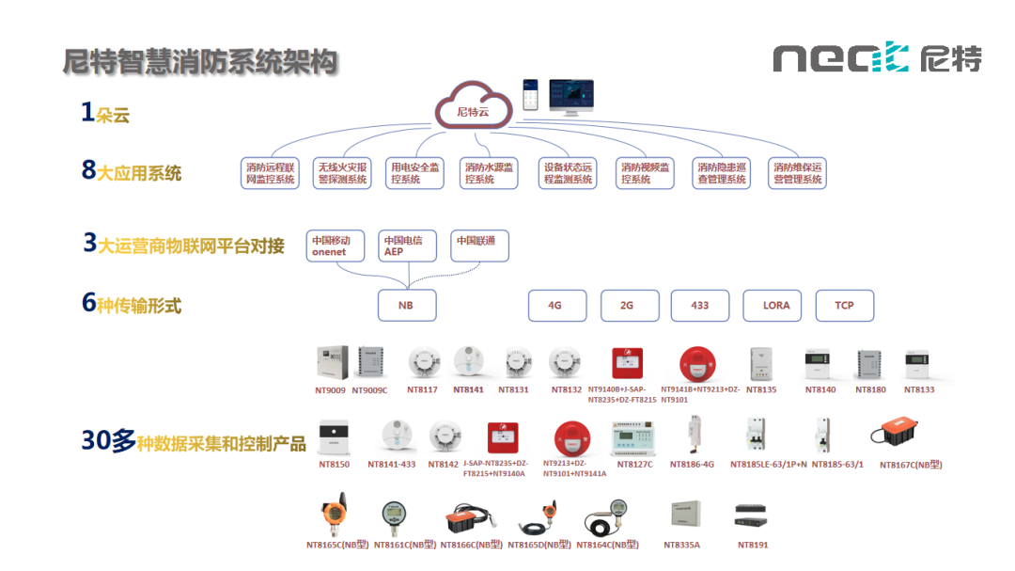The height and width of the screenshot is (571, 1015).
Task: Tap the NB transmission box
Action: pos(406,305)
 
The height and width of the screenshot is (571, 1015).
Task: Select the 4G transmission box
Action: pos(554,305)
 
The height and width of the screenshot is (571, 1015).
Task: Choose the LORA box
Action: pos(776,305)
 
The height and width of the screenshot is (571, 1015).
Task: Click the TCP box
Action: pos(844,305)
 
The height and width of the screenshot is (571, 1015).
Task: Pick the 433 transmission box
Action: pos(699,305)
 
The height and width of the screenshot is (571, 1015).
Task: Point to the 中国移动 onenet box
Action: pos(335,246)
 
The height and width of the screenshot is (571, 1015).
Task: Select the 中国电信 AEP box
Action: pos(407,246)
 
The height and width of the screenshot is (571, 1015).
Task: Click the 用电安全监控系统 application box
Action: pos(414,173)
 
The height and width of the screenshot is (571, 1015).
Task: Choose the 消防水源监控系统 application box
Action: pos(490,173)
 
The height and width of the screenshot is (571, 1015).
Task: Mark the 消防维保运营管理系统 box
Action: pos(797,173)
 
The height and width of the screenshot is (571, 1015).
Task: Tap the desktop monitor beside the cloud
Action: pos(577,97)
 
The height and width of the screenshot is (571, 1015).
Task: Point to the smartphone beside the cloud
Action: pos(531,95)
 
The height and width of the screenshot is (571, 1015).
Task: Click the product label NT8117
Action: pos(422,389)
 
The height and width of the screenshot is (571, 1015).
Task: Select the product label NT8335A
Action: pos(681,545)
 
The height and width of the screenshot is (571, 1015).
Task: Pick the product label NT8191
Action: pos(752,545)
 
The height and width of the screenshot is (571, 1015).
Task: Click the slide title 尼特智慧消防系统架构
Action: pos(199,62)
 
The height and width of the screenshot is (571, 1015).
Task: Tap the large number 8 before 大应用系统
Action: pos(89,170)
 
